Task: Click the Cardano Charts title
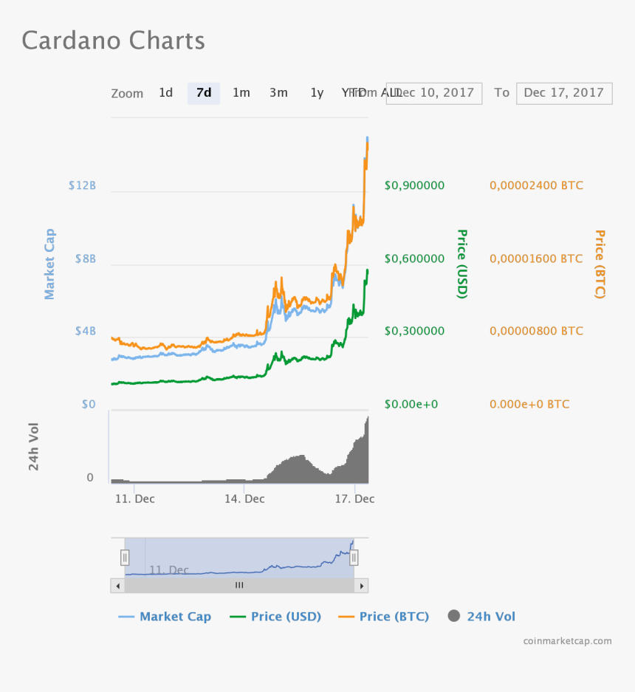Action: (114, 40)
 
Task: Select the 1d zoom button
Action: (165, 93)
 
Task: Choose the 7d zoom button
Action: (204, 93)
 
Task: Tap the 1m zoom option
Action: (241, 93)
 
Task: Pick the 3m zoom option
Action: (278, 93)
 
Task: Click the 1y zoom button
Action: (317, 93)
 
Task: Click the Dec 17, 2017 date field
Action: (564, 93)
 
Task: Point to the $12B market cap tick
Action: (82, 185)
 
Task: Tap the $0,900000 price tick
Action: (414, 185)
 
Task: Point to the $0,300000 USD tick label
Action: (414, 332)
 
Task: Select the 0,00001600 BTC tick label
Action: (536, 259)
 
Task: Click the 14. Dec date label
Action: (244, 499)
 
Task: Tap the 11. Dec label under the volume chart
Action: (135, 499)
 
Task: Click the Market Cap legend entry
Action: (165, 617)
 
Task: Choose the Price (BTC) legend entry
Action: (384, 617)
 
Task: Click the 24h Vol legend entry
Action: (481, 617)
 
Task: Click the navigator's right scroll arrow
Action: (361, 586)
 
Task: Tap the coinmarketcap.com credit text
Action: (567, 641)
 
